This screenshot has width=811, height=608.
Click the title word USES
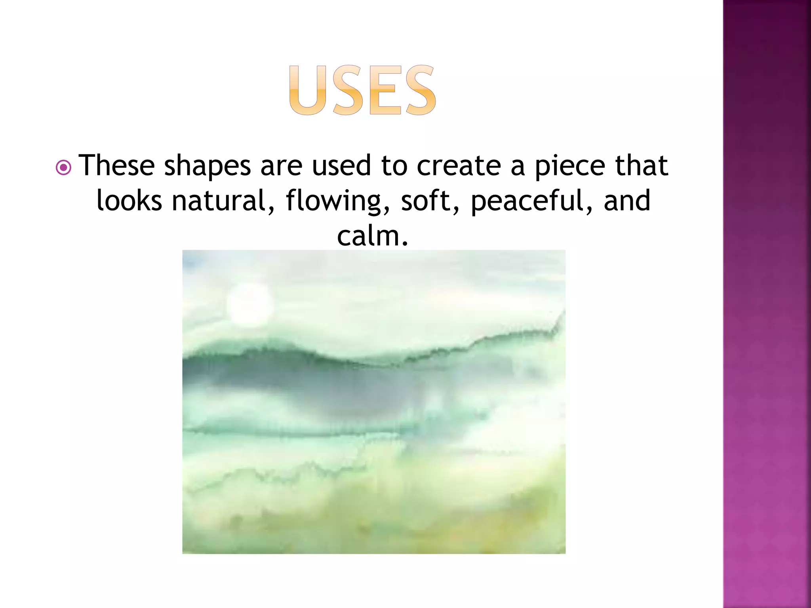click(362, 90)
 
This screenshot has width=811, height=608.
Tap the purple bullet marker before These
click(63, 167)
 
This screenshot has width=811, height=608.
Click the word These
click(116, 165)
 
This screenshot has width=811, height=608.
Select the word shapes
click(207, 166)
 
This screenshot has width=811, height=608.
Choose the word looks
click(129, 200)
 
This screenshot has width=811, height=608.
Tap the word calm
click(372, 236)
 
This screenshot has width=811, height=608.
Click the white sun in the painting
click(250, 305)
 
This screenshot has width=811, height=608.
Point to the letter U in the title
click(308, 90)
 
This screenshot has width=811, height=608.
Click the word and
click(627, 200)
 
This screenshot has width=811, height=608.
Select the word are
click(281, 166)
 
